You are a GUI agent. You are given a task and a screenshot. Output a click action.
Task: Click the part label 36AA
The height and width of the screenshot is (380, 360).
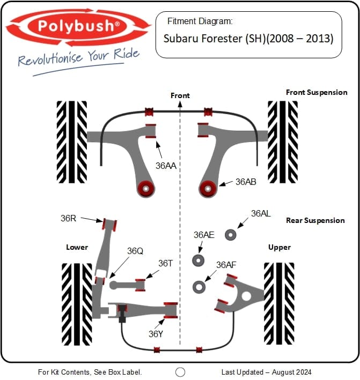point(166,166)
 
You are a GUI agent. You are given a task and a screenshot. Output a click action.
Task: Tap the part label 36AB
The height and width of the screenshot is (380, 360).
point(246,182)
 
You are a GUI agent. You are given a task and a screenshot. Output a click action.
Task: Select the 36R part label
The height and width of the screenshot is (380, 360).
point(69,218)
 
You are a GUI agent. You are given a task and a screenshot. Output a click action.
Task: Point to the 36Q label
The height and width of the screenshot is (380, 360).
point(135,251)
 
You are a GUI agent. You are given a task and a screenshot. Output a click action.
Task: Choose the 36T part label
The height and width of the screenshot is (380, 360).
point(165,263)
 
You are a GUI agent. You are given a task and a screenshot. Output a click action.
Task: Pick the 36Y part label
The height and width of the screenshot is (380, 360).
point(156,333)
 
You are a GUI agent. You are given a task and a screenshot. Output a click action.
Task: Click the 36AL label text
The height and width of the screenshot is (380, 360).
point(261,213)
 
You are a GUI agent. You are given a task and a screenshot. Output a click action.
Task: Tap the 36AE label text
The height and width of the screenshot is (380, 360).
point(204,235)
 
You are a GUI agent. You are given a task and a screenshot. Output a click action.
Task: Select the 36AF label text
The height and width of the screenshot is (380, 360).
point(226,265)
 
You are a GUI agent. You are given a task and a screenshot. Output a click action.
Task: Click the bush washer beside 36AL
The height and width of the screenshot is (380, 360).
point(231,235)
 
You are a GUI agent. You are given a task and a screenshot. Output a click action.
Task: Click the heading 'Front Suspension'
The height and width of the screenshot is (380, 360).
point(317,92)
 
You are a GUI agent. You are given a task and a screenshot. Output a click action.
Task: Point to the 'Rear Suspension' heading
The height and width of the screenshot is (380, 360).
point(315,220)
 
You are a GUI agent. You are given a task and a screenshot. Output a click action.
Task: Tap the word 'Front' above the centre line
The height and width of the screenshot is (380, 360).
point(180,95)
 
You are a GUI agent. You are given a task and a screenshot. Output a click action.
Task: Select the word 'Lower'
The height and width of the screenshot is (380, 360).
point(77,247)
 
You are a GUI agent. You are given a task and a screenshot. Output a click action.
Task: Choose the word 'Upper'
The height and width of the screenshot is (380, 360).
point(279,247)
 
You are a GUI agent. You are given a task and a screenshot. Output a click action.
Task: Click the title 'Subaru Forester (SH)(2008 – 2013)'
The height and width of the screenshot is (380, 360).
point(248,39)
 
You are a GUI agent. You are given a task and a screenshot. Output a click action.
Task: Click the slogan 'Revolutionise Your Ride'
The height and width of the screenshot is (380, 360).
point(79,57)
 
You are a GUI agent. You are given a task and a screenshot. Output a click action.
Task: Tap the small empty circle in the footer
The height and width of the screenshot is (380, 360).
point(180,371)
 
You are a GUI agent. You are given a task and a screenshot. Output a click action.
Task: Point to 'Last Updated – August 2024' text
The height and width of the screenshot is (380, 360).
point(266,371)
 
